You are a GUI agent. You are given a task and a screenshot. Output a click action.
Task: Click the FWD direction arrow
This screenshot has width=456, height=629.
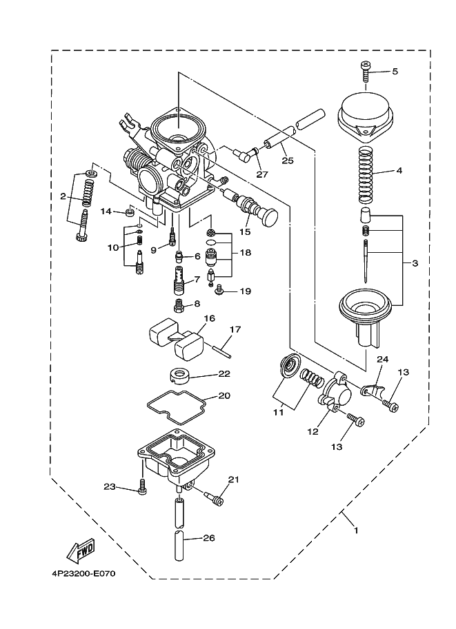tap(80, 550)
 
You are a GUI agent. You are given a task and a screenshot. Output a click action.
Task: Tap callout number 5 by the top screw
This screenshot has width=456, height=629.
tap(395, 71)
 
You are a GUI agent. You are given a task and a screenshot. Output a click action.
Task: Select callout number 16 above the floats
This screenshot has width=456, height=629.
tap(210, 318)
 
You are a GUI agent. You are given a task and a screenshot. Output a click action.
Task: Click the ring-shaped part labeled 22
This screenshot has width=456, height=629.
tap(179, 376)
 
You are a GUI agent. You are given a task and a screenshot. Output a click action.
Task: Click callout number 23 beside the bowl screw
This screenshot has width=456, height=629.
tap(108, 487)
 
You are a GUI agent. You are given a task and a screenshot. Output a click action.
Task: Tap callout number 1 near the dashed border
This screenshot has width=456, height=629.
tap(356, 530)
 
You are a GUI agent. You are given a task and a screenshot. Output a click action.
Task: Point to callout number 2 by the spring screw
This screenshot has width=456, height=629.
tap(63, 196)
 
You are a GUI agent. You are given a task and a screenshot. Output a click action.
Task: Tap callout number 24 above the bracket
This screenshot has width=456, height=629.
tap(382, 359)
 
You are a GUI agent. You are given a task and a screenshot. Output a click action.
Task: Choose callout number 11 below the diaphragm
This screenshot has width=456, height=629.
tap(278, 413)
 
